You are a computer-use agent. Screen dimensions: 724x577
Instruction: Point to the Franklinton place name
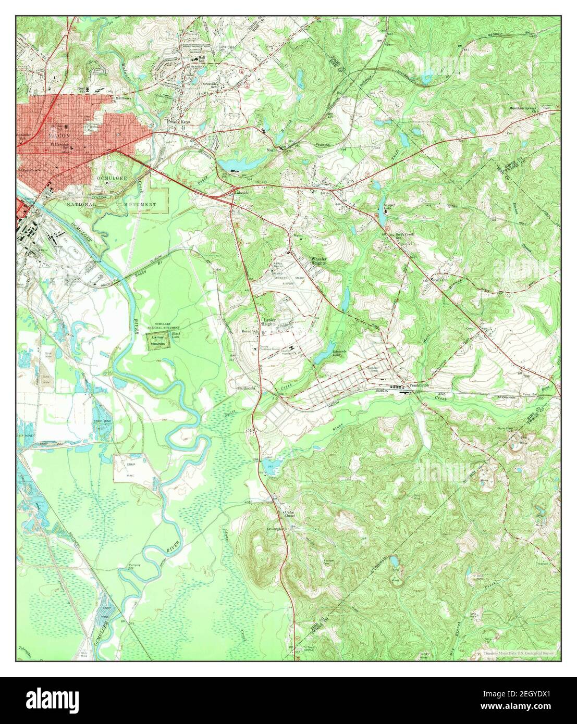tap(419, 385)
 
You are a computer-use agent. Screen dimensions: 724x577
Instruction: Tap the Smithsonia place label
tap(248, 388)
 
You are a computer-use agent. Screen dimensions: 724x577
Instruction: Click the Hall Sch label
tap(201, 59)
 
